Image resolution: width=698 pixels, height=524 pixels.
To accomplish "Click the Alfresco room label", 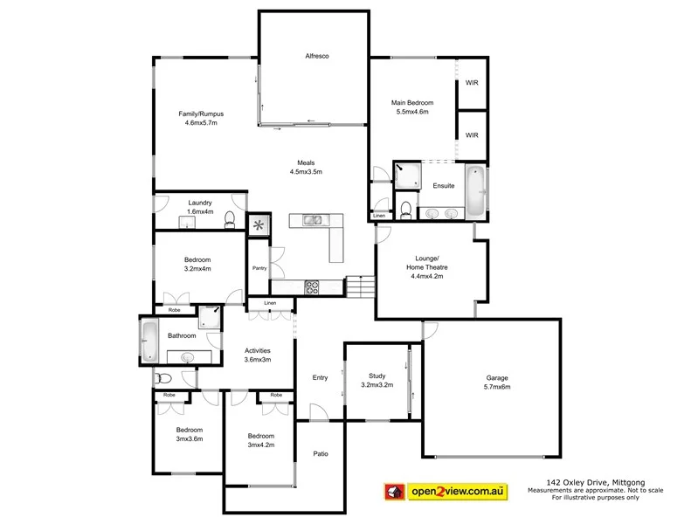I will [316, 55].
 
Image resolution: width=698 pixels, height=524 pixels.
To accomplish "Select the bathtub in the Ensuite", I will [474, 190].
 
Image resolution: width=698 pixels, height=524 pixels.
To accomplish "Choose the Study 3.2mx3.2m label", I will [377, 380].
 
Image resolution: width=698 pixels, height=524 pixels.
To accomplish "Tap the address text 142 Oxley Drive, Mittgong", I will [582, 480].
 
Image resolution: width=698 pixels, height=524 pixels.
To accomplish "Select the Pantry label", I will [259, 268].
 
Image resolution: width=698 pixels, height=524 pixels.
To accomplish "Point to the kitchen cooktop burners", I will [313, 286].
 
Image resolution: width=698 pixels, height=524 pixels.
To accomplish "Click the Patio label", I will [321, 454].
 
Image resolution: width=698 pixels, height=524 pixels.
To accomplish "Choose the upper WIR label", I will [472, 83].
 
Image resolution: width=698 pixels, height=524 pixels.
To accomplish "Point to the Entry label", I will [320, 377].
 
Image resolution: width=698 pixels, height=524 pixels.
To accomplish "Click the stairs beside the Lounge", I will [359, 286].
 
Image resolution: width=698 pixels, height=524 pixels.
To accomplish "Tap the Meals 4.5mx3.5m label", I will [306, 168].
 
